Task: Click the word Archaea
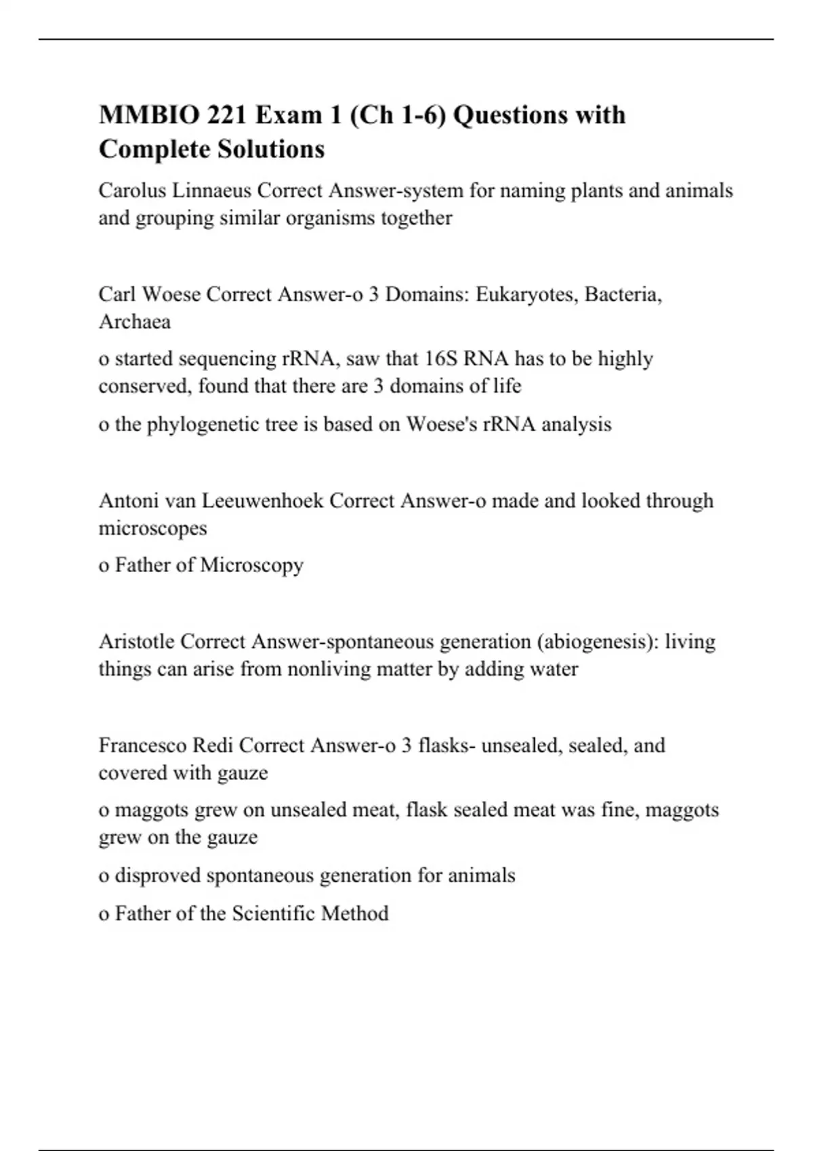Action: click(x=134, y=322)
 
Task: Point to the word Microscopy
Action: click(x=251, y=565)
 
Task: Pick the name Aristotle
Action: click(x=137, y=641)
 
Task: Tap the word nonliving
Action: click(x=329, y=669)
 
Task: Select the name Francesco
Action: click(x=143, y=745)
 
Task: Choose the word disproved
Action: click(x=157, y=875)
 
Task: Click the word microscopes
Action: click(x=152, y=528)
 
